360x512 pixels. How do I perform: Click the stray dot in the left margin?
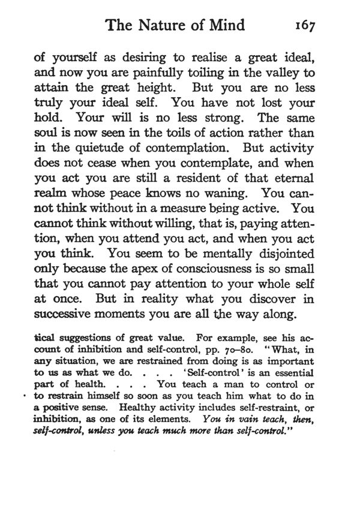[23, 397]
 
